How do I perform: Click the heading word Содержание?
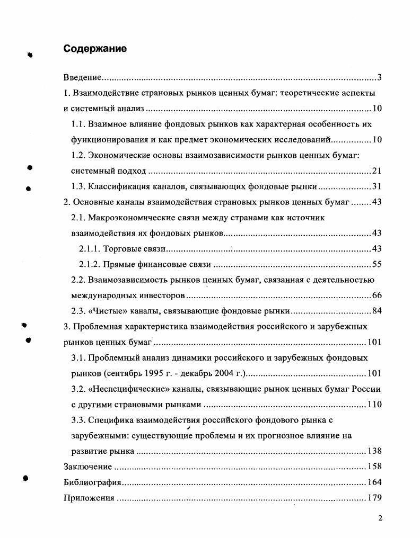(95, 49)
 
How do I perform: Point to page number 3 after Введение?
(379, 78)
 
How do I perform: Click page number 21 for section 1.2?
(377, 171)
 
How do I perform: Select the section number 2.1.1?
(90, 248)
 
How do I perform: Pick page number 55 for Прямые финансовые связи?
(377, 264)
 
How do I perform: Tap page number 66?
(377, 295)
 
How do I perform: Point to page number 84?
(377, 310)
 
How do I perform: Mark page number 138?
(374, 451)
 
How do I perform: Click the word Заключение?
(87, 467)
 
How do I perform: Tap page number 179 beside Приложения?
(374, 498)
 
